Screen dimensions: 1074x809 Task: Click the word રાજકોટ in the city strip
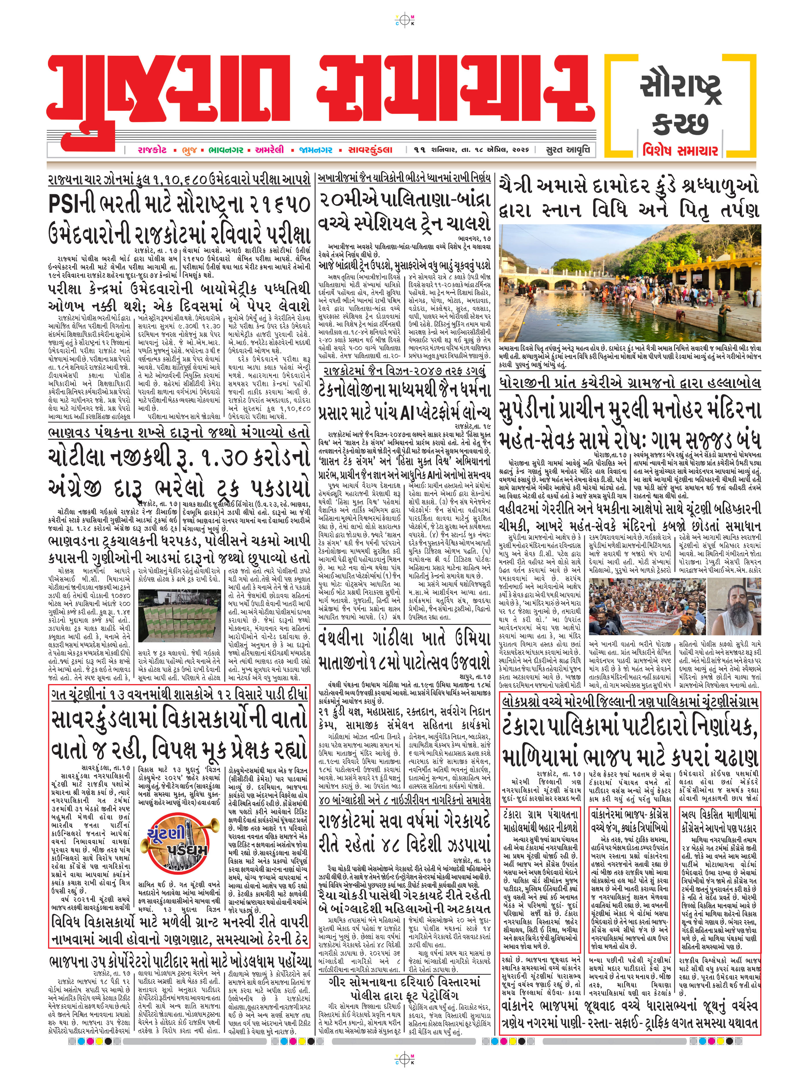(x=152, y=150)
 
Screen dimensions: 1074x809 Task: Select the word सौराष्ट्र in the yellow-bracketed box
(x=680, y=87)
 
